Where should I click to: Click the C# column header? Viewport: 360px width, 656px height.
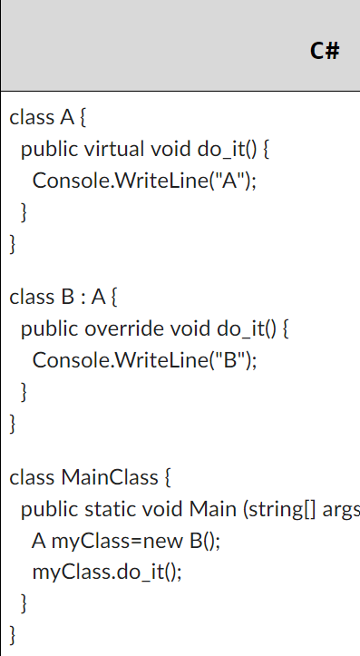324,50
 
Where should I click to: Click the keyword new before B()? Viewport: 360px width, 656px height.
167,541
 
